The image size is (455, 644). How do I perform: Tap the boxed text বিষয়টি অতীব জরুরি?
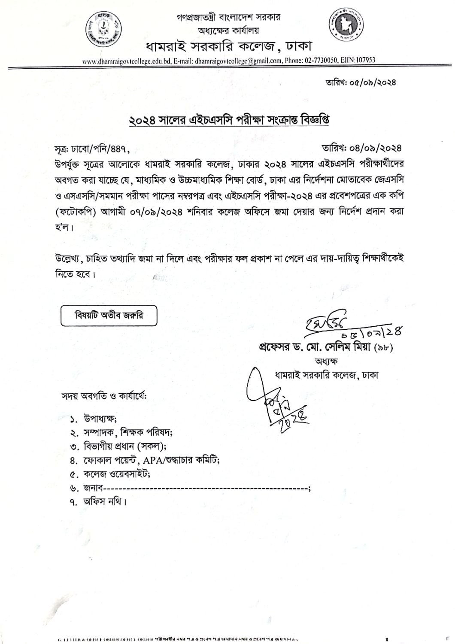coord(109,316)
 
